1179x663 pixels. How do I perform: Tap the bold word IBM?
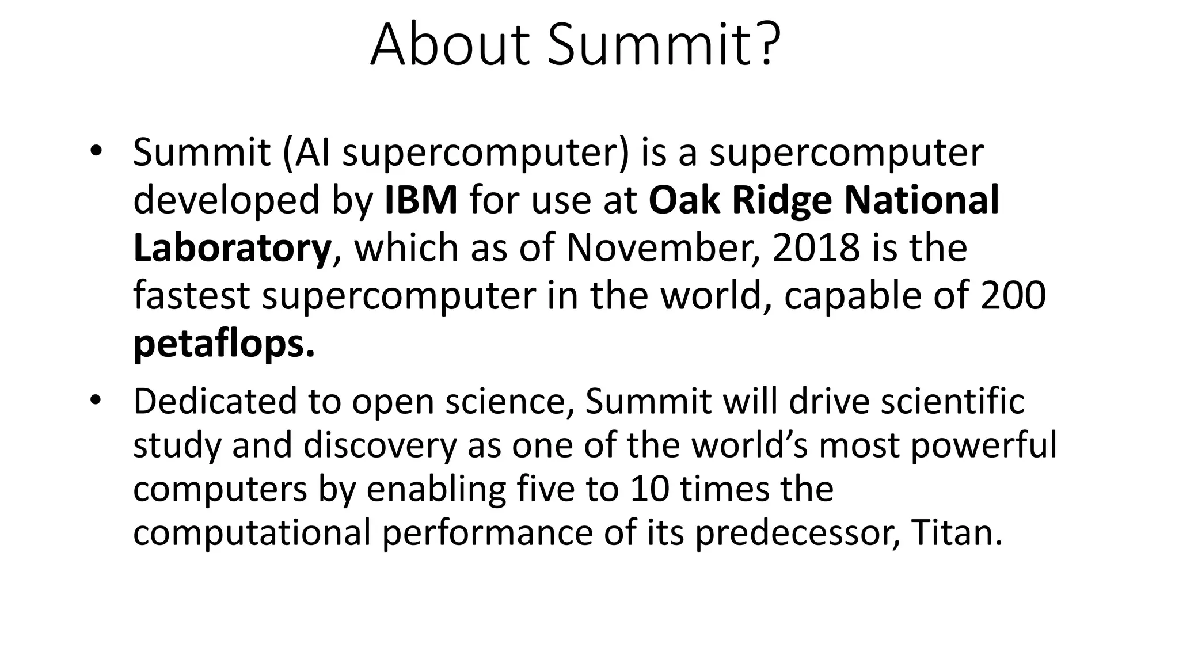[x=421, y=200]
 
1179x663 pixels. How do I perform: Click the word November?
[x=662, y=249]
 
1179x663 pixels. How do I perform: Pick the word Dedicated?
[x=214, y=401]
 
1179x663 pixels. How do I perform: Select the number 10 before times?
[x=650, y=489]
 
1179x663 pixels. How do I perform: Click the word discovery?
[x=380, y=446]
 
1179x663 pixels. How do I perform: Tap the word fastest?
[x=191, y=296]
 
